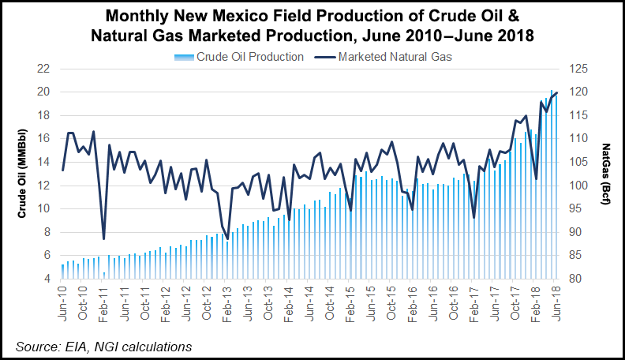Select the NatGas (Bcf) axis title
(x=606, y=174)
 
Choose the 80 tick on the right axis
(x=576, y=279)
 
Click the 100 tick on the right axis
(x=579, y=186)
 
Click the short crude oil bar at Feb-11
(x=104, y=276)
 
